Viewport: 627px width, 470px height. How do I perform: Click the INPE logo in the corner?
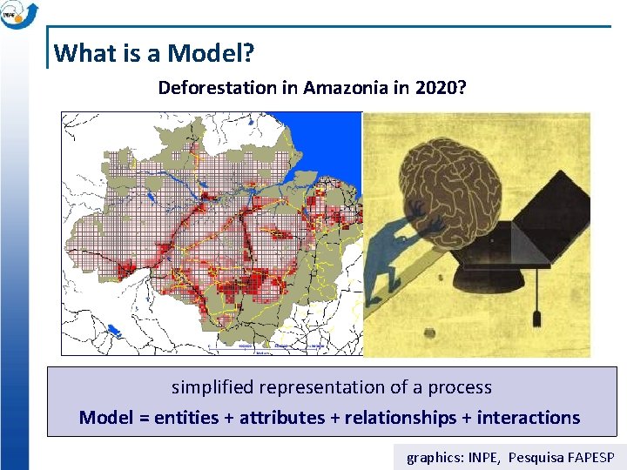(x=17, y=14)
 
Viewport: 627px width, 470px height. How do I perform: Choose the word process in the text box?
(x=459, y=387)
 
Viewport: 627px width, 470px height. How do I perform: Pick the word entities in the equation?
(x=186, y=418)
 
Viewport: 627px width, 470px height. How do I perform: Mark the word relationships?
(x=401, y=418)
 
